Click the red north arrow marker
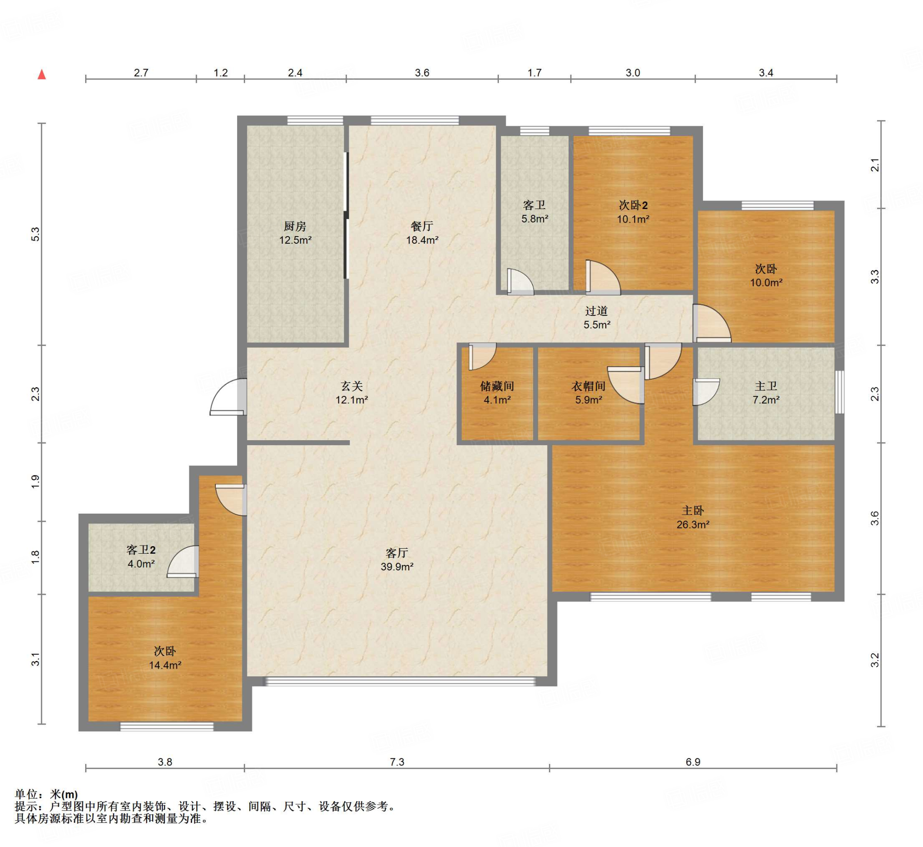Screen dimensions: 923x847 point(42,74)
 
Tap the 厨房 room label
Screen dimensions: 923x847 point(295,226)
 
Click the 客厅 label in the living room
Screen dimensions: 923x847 point(397,553)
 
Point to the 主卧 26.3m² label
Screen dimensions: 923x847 point(693,518)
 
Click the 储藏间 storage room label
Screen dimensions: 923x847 point(497,387)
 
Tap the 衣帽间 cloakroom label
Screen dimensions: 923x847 point(588,387)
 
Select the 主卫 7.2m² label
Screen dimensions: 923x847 point(766,393)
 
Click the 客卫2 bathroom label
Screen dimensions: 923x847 point(141,550)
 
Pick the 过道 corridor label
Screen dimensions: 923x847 point(597,311)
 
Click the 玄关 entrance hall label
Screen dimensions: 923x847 point(352,387)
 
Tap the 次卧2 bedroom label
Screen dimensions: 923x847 point(633,205)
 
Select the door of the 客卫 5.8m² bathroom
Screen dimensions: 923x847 point(521,282)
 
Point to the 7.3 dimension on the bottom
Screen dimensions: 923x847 point(397,762)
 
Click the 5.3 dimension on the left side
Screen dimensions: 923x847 point(35,234)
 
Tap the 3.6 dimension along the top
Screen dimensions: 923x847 point(422,73)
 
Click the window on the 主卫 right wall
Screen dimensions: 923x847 point(839,392)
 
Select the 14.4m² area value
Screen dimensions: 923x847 point(165,665)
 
